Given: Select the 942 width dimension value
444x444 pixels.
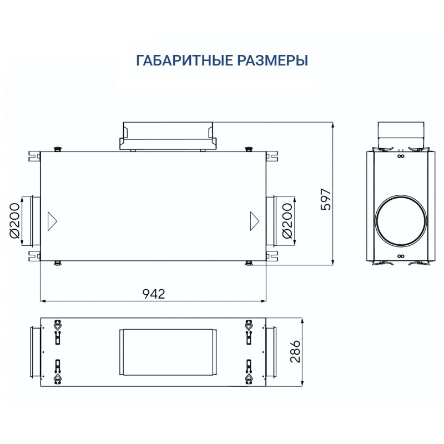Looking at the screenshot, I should tap(154, 294).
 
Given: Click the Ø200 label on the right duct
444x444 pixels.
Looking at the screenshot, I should tap(287, 220).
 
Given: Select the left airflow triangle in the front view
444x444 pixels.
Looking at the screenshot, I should tap(52, 220).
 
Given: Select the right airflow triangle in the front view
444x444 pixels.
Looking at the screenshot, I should tap(254, 220).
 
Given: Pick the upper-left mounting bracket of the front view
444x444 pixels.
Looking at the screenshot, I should tap(34, 155).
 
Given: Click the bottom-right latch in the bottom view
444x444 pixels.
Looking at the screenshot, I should tap(249, 372).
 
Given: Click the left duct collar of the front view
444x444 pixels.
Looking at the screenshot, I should tap(30, 220).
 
